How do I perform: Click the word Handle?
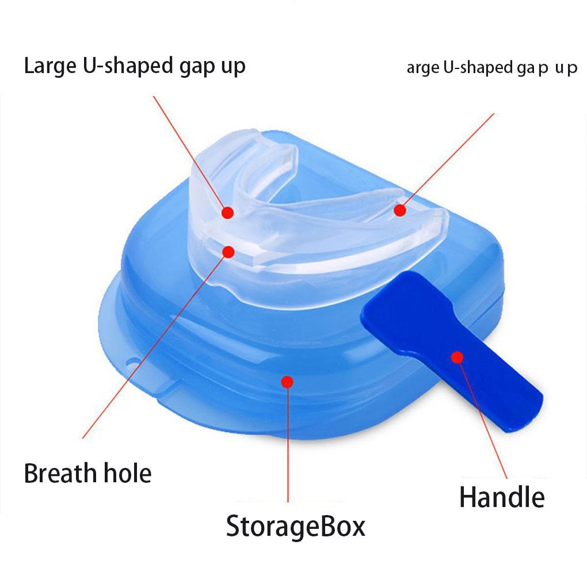502,497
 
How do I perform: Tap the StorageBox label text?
295,526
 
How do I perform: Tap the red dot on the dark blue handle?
457,357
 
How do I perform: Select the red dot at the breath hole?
228,251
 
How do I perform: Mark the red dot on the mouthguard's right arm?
399,210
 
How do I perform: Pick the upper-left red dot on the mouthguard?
228,212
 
